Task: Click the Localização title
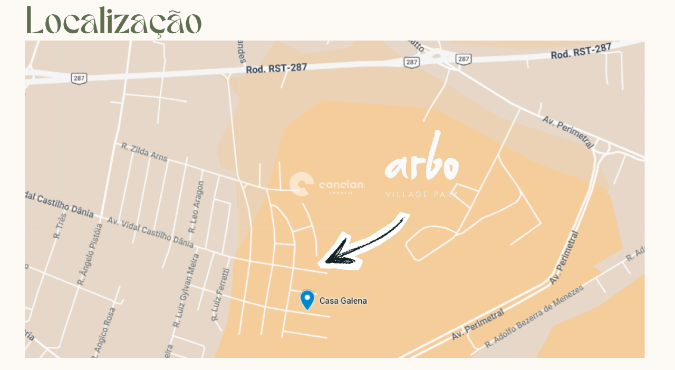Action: pos(113,21)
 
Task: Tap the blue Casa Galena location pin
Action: pos(307,299)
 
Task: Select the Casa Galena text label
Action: pos(343,301)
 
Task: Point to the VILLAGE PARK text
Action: pos(421,194)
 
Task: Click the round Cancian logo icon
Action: pos(302,184)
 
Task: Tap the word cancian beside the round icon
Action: pos(341,185)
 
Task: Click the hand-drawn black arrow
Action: pos(364,241)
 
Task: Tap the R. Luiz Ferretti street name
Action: pos(220,295)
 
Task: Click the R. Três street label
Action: pos(60,226)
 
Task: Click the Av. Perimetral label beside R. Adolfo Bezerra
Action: pos(478,326)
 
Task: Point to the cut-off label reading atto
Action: pos(416,45)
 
